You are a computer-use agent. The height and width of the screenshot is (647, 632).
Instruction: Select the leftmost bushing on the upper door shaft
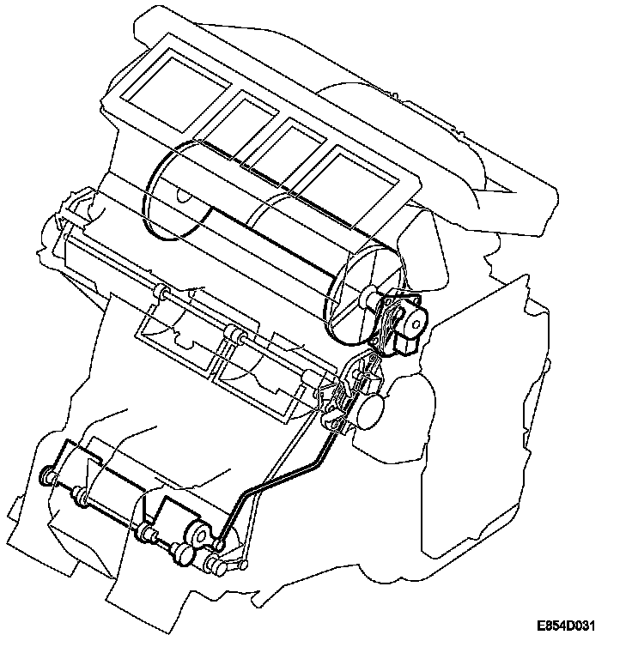[158, 293]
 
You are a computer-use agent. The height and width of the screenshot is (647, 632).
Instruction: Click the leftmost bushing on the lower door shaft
[50, 475]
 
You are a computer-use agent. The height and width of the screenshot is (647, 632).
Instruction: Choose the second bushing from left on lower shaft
[82, 495]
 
